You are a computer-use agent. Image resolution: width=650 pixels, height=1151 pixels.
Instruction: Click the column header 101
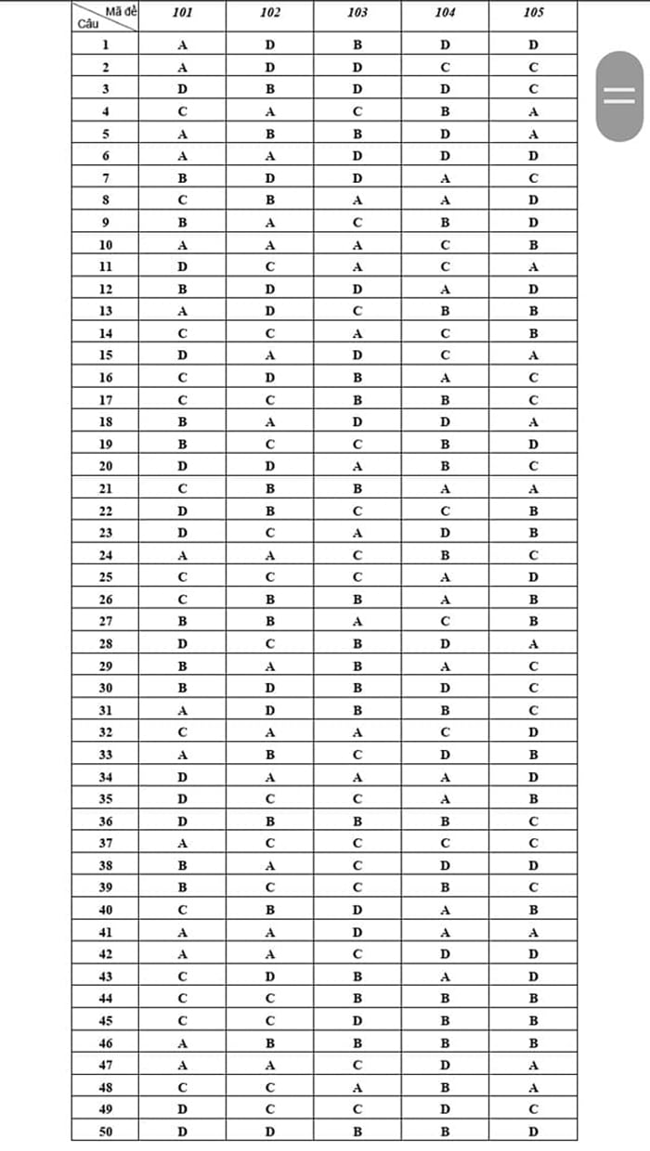click(x=182, y=13)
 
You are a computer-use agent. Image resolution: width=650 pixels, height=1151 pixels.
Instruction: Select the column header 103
click(x=357, y=13)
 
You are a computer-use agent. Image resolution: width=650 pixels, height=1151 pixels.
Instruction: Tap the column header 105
click(x=533, y=13)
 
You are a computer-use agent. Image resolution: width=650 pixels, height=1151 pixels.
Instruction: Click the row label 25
click(x=105, y=577)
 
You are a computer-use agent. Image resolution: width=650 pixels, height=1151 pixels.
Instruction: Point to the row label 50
click(x=105, y=1132)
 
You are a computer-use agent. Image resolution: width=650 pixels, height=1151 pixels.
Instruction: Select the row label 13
click(x=105, y=311)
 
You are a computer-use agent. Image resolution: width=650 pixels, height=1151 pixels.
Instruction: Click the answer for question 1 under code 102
click(x=269, y=45)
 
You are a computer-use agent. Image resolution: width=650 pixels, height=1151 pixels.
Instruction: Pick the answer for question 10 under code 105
click(x=533, y=245)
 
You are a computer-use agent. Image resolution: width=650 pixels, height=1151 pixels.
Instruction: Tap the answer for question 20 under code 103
click(x=357, y=466)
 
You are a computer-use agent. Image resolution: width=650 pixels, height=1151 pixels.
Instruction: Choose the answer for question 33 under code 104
click(x=445, y=755)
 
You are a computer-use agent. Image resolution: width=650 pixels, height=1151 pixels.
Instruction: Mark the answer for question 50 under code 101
click(x=182, y=1132)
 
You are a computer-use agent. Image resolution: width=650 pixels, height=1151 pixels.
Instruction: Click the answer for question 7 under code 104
click(x=445, y=178)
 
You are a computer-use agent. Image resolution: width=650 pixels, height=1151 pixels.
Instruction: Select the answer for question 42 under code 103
click(x=357, y=954)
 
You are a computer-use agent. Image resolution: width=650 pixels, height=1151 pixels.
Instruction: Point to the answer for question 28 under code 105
click(x=533, y=643)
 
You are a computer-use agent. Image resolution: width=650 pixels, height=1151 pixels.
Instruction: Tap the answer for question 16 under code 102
click(x=269, y=378)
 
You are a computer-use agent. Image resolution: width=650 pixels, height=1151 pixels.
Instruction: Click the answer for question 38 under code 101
click(x=182, y=865)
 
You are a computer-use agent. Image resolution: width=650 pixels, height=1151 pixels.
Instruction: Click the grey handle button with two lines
click(x=619, y=96)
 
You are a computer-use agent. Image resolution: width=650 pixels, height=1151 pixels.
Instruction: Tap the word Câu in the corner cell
click(x=85, y=23)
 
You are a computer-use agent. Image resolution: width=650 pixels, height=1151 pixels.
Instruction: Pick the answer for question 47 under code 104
click(x=445, y=1065)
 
